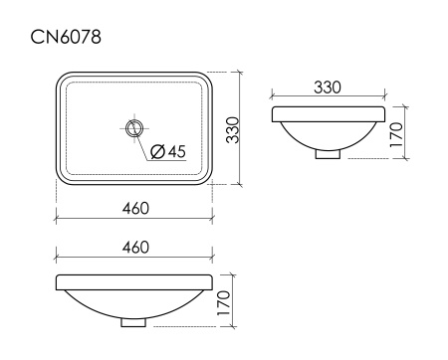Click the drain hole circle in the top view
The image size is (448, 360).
[134, 127]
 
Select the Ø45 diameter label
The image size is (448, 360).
[169, 151]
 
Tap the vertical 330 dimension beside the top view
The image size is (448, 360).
[232, 129]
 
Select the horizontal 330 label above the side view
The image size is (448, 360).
[328, 88]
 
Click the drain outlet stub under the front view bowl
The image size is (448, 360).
[134, 321]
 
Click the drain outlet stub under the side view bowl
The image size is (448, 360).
[328, 153]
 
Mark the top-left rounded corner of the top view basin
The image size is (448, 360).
[62, 80]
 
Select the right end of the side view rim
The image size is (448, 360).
[379, 111]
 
